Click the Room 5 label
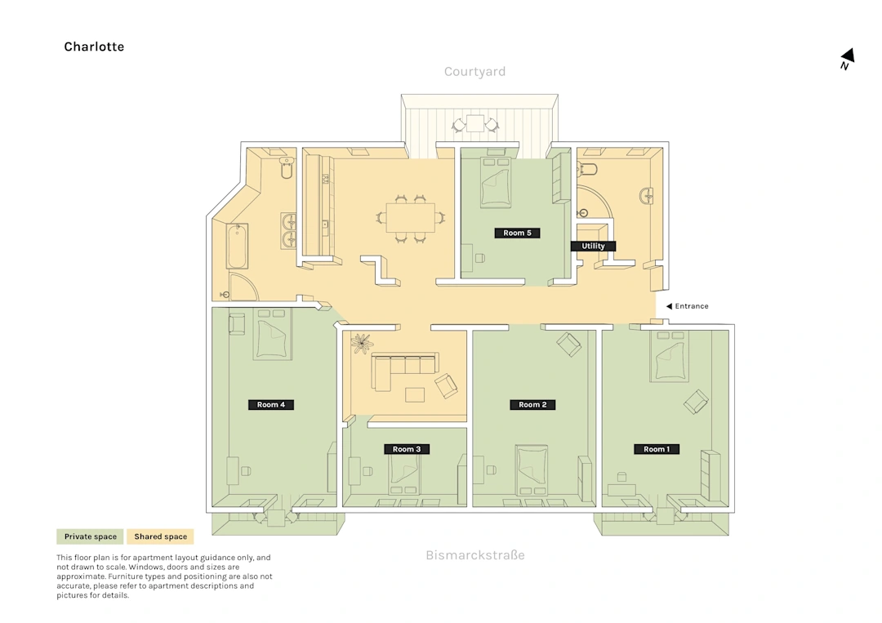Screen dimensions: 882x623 [517, 233]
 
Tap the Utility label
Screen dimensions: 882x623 [593, 246]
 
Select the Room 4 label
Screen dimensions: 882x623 [270, 404]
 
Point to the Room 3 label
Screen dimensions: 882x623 [407, 449]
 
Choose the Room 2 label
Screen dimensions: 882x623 [532, 404]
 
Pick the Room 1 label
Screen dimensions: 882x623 [657, 449]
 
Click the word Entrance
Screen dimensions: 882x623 [692, 306]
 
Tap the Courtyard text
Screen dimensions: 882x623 [474, 71]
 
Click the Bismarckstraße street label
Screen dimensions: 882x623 [475, 555]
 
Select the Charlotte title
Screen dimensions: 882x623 [94, 47]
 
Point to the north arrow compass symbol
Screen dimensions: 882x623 [847, 59]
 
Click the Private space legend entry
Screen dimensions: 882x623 [90, 536]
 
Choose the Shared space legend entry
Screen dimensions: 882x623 [160, 536]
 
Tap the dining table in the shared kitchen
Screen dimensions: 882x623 [410, 217]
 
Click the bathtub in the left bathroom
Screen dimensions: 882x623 [238, 247]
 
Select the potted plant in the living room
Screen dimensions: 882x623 [361, 344]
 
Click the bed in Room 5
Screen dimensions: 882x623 [496, 183]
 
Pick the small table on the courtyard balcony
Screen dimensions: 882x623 [475, 123]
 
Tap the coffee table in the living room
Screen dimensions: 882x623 [415, 394]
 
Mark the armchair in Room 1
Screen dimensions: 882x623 [696, 402]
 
